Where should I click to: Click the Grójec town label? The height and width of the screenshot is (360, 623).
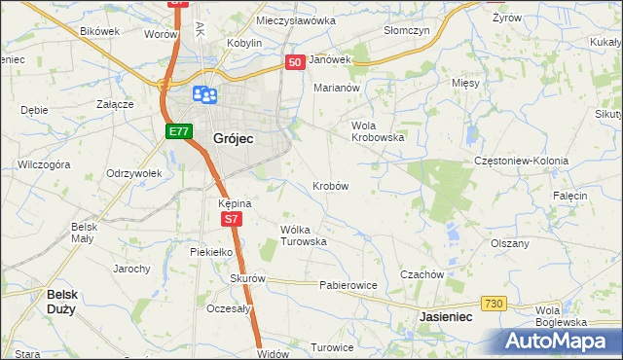click(x=233, y=139)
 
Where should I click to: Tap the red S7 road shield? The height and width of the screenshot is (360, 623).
click(x=230, y=220)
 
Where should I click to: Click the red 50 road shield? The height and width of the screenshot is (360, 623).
click(x=296, y=62)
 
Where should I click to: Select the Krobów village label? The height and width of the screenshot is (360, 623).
click(x=330, y=185)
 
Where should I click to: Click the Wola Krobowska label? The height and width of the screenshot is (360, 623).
click(x=378, y=131)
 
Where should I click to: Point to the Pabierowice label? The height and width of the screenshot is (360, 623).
click(x=348, y=286)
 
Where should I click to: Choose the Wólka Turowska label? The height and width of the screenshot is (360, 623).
click(x=303, y=235)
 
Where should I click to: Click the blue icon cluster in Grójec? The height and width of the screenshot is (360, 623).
click(x=204, y=94)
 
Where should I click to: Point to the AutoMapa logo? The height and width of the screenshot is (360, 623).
click(x=557, y=341)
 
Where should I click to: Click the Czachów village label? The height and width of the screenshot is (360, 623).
click(x=421, y=274)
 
